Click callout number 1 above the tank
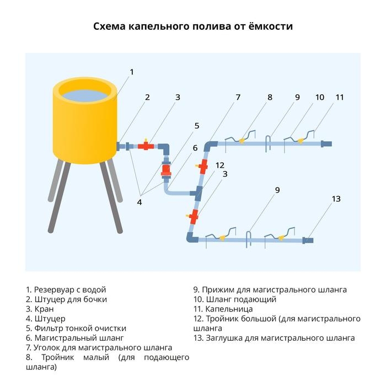(131, 72)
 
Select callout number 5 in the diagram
(196, 126)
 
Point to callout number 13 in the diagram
(336, 199)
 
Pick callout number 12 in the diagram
(220, 165)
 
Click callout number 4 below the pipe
(140, 202)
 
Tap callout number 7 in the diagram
(238, 97)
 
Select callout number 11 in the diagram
(340, 97)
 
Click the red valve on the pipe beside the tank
(146, 146)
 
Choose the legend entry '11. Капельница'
(223, 309)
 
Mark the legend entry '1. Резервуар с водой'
(66, 289)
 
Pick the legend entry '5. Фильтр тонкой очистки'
(76, 328)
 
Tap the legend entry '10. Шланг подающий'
(234, 299)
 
